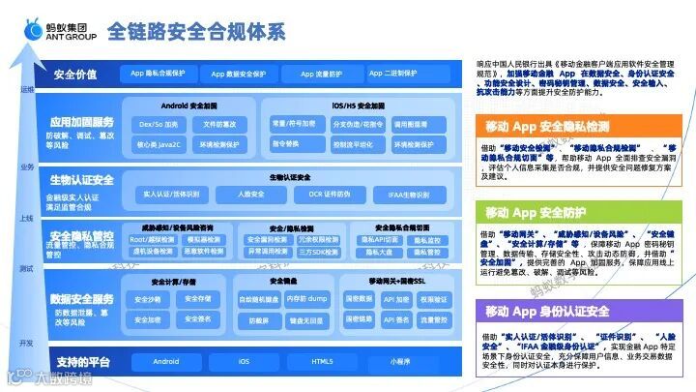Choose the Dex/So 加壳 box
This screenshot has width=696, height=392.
click(158, 124)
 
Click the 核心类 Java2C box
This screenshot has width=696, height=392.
click(158, 143)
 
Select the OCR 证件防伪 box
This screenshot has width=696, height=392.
click(330, 195)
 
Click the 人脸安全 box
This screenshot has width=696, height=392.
click(249, 195)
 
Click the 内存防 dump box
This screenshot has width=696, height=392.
click(307, 299)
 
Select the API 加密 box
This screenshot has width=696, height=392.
click(395, 299)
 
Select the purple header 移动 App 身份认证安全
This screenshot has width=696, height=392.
click(548, 311)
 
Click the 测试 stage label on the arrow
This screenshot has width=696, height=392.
click(26, 268)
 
